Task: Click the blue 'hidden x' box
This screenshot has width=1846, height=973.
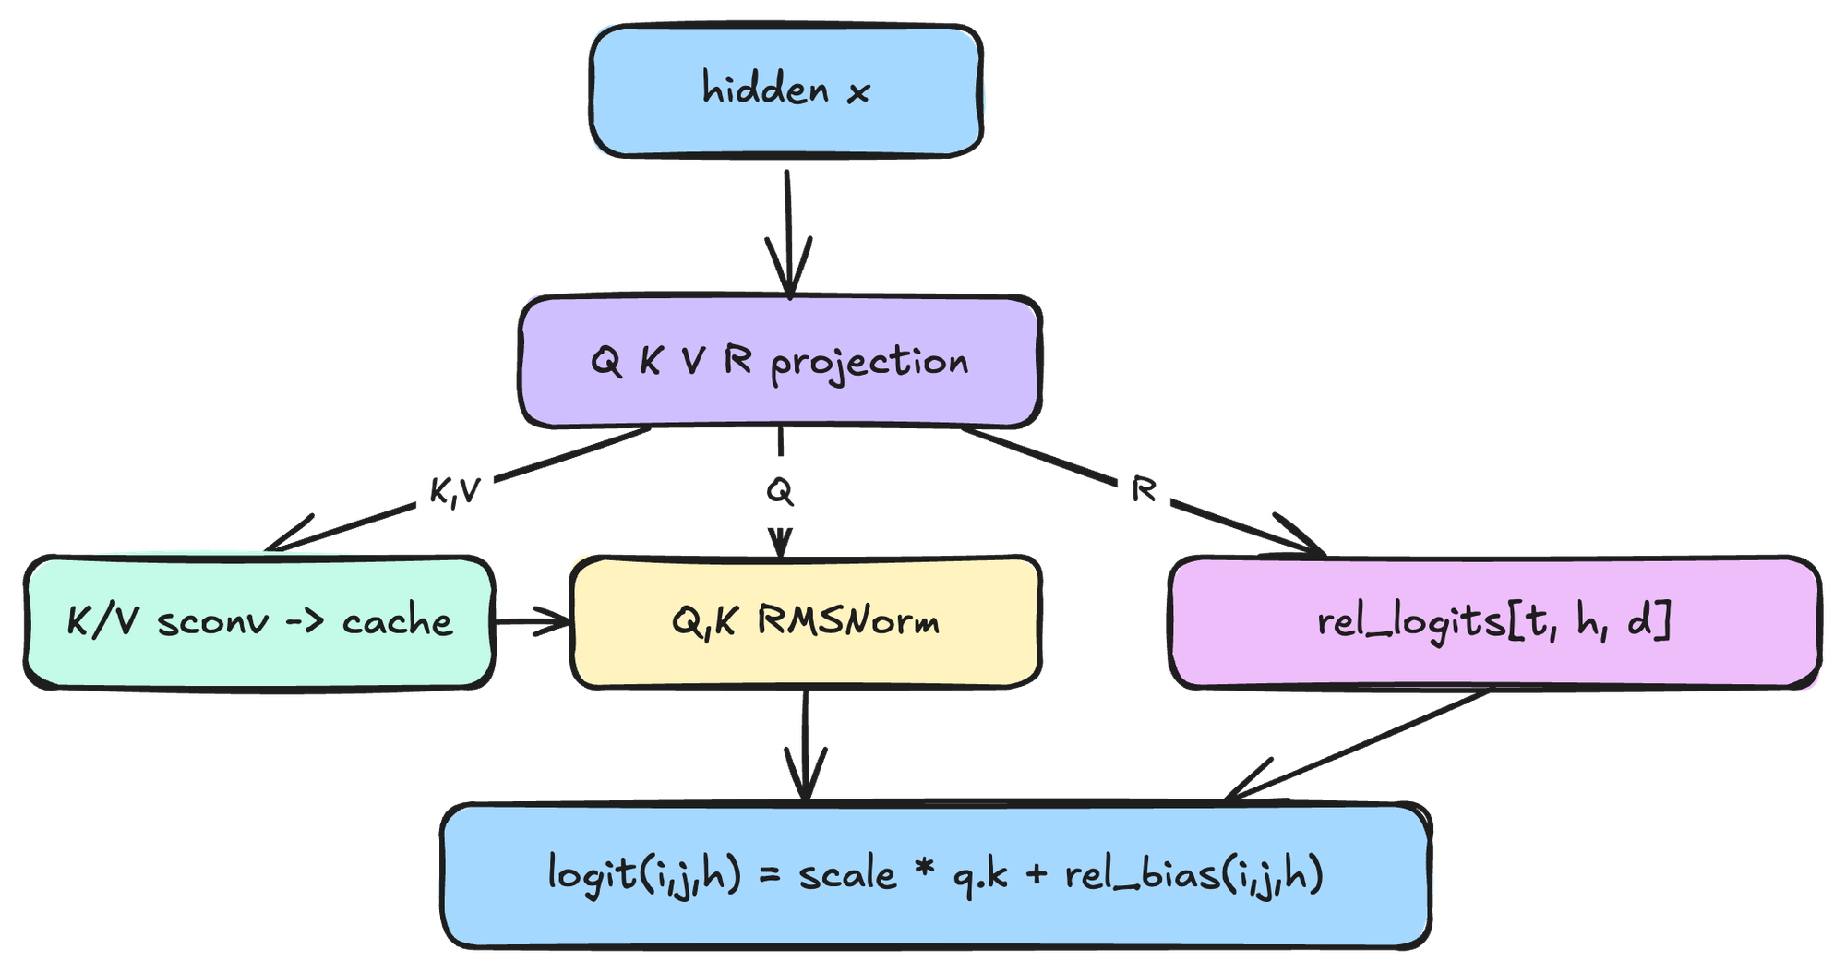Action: pyautogui.click(x=785, y=90)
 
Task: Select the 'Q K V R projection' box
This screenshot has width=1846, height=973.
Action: pyautogui.click(x=780, y=362)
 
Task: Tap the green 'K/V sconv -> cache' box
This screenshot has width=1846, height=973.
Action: pyautogui.click(x=259, y=622)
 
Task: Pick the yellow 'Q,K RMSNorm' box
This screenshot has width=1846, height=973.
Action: pyautogui.click(x=806, y=622)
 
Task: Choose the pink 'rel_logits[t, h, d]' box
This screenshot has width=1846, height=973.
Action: pyautogui.click(x=1494, y=622)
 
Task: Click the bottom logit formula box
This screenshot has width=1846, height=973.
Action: pyautogui.click(x=936, y=875)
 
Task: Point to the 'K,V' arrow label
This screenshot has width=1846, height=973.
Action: pyautogui.click(x=455, y=491)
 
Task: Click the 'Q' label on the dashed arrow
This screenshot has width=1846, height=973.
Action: pyautogui.click(x=780, y=491)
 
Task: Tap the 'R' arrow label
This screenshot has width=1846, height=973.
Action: pyautogui.click(x=1144, y=490)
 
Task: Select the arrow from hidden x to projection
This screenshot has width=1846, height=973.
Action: pyautogui.click(x=788, y=234)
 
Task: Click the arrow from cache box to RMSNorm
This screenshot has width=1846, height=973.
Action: pyautogui.click(x=533, y=621)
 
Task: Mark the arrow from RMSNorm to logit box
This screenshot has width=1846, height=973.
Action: pyautogui.click(x=806, y=745)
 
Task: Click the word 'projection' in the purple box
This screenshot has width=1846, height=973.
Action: pyautogui.click(x=869, y=363)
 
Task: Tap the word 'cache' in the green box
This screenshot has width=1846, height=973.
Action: pyautogui.click(x=398, y=623)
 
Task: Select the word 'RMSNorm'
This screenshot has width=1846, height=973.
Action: pyautogui.click(x=848, y=622)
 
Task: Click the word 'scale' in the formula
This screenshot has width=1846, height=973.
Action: pyautogui.click(x=847, y=873)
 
